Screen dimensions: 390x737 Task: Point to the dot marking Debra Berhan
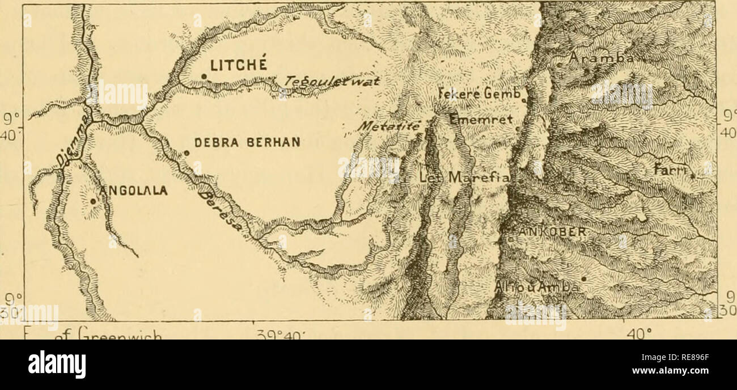pyautogui.click(x=187, y=152)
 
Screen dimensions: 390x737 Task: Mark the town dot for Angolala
pyautogui.click(x=92, y=201)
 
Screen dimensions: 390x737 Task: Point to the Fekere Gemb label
pyautogui.click(x=482, y=95)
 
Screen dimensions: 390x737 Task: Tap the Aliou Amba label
pyautogui.click(x=536, y=287)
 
